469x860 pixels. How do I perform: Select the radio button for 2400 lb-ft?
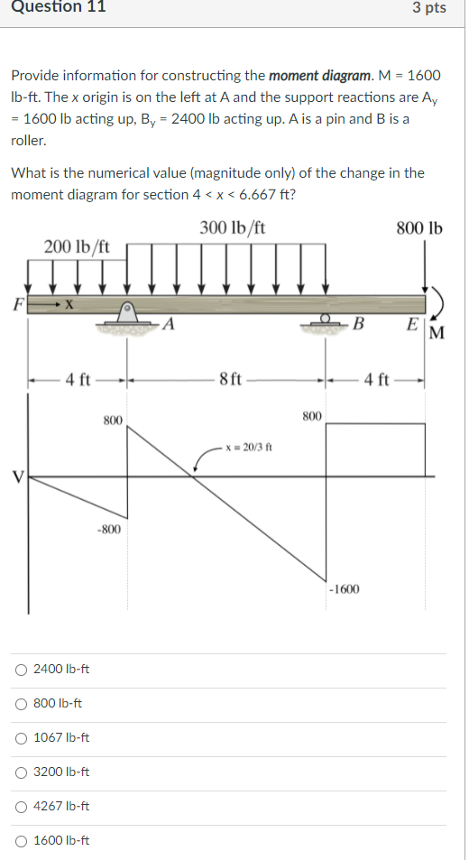coord(21,670)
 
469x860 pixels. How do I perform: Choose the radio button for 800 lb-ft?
coord(21,704)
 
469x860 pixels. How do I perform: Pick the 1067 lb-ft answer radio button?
coord(21,738)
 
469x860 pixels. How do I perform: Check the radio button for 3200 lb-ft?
coord(21,772)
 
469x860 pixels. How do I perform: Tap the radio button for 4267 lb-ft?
coord(21,807)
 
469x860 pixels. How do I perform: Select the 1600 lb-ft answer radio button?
coord(21,841)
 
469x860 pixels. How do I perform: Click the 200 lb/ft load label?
coord(77,247)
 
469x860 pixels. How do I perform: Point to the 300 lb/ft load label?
coord(233,227)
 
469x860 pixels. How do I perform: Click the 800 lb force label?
coord(419,227)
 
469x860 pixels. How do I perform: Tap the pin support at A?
coord(127,317)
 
